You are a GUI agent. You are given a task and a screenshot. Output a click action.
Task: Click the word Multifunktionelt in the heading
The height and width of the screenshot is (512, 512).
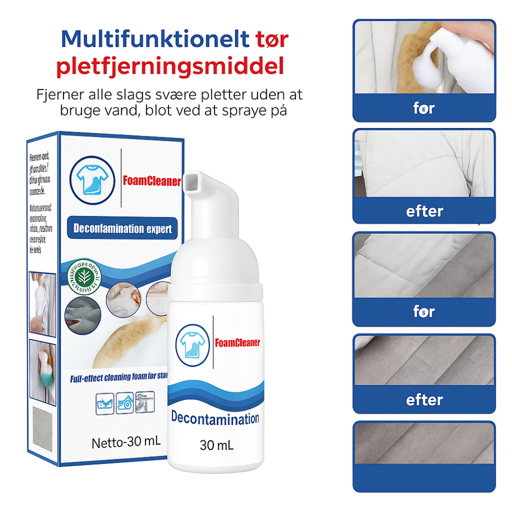pos(155,39)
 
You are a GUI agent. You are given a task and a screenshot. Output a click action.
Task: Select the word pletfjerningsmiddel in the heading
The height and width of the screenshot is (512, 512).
pos(170,67)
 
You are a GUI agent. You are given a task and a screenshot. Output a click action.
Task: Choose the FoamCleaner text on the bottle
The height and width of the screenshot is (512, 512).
pos(237,343)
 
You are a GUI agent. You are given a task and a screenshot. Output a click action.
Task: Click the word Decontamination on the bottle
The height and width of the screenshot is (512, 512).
pos(215,419)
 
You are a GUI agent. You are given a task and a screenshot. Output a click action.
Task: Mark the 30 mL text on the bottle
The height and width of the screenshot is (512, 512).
pos(216,445)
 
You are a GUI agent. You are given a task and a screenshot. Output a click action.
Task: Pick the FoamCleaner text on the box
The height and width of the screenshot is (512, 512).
pos(152,181)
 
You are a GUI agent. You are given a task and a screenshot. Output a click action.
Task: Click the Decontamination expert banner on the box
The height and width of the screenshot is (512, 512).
pos(123,228)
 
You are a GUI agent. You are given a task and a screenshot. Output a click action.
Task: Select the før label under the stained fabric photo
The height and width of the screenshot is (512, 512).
pos(424,108)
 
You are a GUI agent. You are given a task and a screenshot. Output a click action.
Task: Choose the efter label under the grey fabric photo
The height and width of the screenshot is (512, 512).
pos(424,399)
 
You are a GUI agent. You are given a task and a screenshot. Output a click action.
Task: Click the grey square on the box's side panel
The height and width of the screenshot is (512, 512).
pos(43,430)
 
